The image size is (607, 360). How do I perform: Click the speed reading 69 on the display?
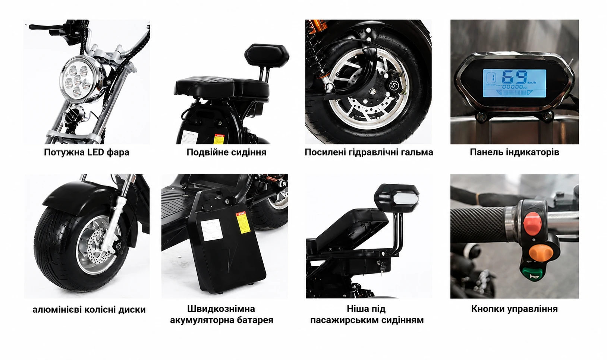514,77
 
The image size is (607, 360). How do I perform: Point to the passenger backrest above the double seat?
266,56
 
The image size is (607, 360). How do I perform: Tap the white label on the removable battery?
211,230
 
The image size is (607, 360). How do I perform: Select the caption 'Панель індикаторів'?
514,152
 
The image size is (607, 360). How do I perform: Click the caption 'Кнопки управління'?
514,309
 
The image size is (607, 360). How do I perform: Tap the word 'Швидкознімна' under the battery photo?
221,309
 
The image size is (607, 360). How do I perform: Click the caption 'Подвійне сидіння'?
226,152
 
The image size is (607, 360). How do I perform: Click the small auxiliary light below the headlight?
73,114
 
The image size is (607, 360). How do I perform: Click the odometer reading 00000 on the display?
513,87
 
